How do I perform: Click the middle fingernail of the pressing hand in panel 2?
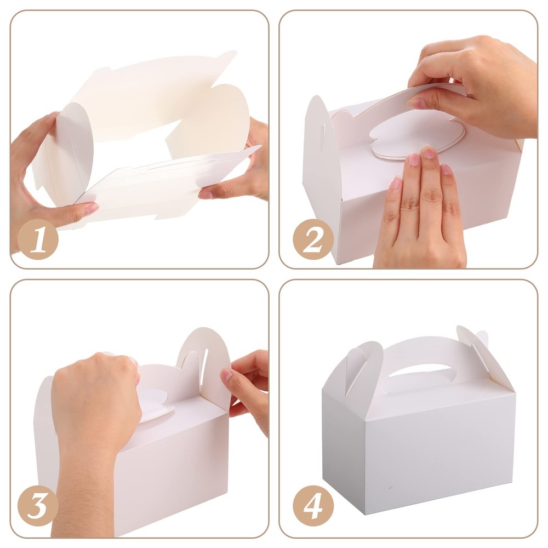click(427, 153)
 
